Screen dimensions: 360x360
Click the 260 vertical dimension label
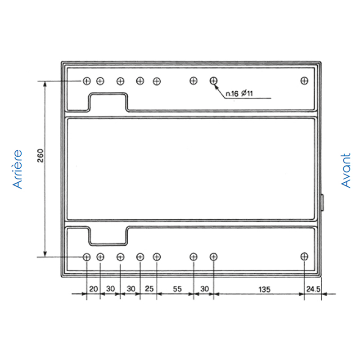click(x=40, y=156)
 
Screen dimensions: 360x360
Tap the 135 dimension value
click(x=264, y=289)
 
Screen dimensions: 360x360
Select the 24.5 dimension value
click(x=313, y=289)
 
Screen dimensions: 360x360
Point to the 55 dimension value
click(x=177, y=289)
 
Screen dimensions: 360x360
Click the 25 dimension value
click(x=149, y=289)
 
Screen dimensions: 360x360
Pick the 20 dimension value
click(x=94, y=289)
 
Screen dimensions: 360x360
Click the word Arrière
click(x=18, y=170)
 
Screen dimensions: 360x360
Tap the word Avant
click(x=346, y=171)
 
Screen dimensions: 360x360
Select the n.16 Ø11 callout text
click(x=239, y=94)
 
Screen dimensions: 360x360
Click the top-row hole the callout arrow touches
click(x=213, y=81)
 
